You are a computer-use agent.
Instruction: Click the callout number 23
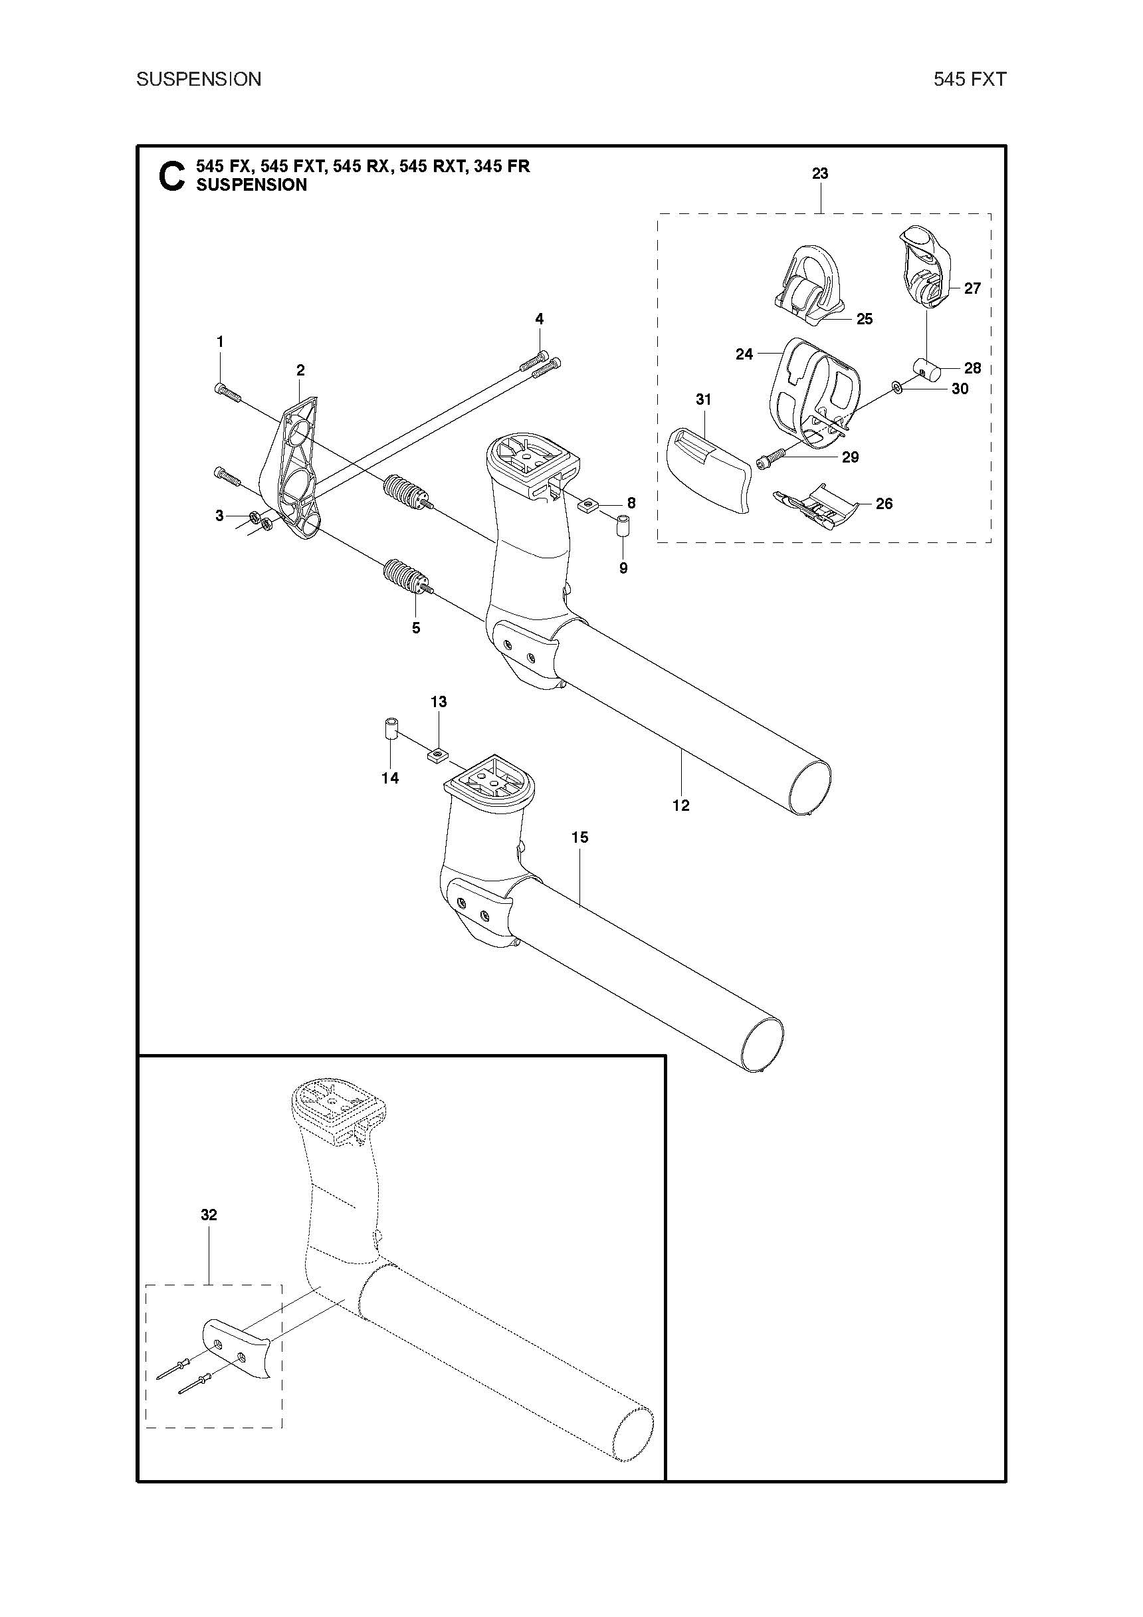coord(820,174)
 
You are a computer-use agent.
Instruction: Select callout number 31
coord(703,399)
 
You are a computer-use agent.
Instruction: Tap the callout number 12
coord(680,805)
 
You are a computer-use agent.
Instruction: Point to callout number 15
coord(579,837)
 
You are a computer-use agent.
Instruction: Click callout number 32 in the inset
coord(209,1215)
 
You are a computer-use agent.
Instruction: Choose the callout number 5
coord(416,627)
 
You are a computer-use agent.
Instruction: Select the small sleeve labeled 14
coord(391,729)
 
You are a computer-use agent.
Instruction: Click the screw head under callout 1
coord(219,388)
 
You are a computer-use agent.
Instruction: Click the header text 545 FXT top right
coord(970,80)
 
